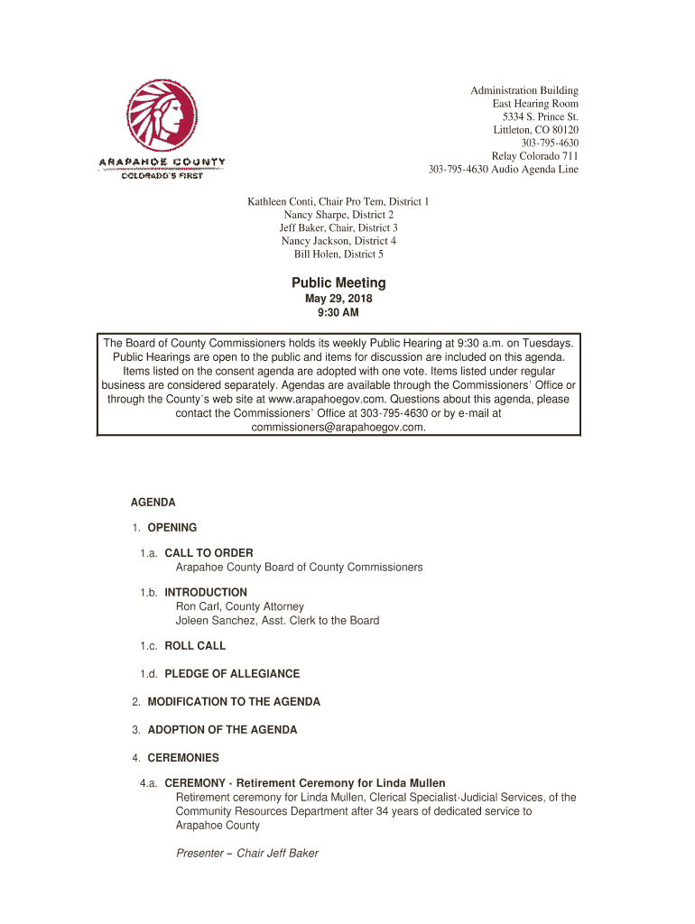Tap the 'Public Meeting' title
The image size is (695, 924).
338,283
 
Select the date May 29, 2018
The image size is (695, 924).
338,300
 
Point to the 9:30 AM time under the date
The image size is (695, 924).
338,313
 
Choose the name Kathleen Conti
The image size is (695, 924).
284,202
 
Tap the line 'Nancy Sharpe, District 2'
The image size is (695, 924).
338,216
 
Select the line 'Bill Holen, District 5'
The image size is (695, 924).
338,254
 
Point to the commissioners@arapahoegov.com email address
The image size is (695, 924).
338,428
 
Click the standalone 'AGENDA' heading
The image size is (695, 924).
153,502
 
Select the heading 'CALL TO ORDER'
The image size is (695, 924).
208,553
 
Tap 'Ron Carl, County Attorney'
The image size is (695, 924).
239,606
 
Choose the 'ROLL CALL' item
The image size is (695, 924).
195,646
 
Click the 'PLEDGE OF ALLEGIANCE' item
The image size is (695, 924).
232,674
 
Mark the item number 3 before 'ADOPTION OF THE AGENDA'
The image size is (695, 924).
135,730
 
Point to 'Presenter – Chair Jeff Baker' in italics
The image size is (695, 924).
246,854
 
